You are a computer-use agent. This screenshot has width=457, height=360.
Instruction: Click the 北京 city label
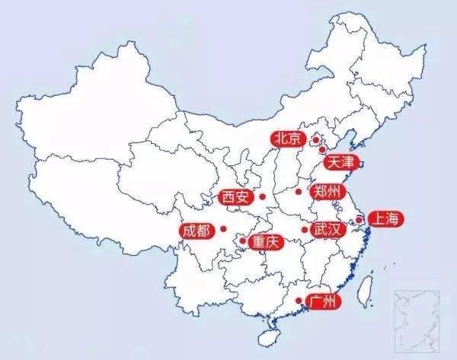288,139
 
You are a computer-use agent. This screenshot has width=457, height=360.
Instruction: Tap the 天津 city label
339,162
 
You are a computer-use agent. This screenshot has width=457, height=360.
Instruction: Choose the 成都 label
196,230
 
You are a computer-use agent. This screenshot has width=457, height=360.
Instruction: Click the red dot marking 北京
315,140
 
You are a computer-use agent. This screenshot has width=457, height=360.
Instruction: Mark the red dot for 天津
322,150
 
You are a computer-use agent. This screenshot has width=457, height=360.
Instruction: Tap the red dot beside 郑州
299,191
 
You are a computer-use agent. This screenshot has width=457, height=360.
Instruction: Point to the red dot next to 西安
262,197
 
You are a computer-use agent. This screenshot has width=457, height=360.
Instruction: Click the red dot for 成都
224,229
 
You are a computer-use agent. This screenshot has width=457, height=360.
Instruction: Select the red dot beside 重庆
243,242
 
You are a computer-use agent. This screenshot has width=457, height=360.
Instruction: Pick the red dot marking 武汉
304,229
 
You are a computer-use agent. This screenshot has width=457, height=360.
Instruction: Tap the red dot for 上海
357,220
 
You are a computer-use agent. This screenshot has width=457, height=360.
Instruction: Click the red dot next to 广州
298,301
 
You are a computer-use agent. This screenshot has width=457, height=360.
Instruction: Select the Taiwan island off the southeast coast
365,288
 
